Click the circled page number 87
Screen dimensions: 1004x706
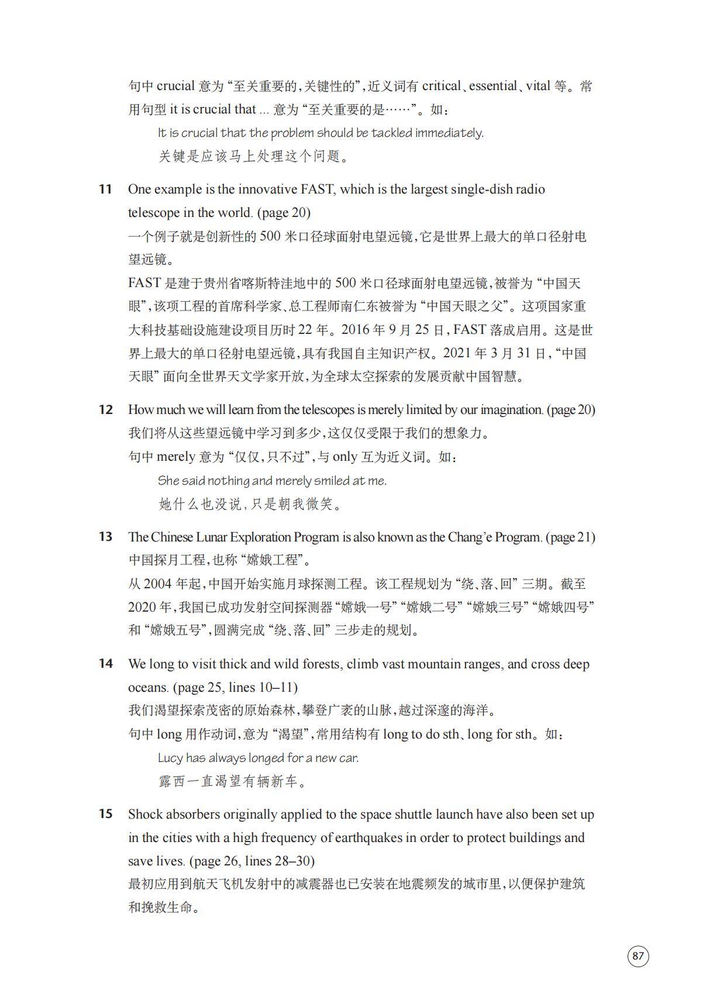[x=638, y=956]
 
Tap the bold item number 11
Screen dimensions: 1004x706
[x=105, y=189]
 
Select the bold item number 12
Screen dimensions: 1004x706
[x=105, y=410]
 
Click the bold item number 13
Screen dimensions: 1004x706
[x=105, y=537]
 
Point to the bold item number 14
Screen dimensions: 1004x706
[x=105, y=664]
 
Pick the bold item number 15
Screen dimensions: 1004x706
[x=105, y=814]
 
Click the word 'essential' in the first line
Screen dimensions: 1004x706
[x=493, y=86]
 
